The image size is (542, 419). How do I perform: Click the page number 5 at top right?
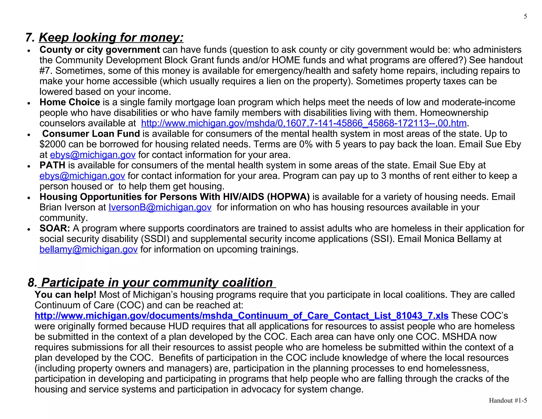[x=525, y=16]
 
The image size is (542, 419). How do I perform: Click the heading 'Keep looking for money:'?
[x=111, y=37]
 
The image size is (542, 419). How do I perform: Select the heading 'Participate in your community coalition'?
[x=157, y=282]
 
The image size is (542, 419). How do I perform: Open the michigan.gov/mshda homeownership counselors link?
[x=304, y=123]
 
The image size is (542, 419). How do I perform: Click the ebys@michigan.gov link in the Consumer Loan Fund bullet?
[x=93, y=155]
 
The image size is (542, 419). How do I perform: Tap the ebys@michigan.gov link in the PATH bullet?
[x=82, y=176]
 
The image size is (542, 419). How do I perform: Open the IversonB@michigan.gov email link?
[x=160, y=207]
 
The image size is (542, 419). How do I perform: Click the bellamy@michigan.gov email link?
[x=88, y=249]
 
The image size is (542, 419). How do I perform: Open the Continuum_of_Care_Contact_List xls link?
[x=241, y=315]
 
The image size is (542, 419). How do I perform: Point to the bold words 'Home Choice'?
[x=70, y=102]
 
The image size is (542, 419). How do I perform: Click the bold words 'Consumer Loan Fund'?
[x=91, y=134]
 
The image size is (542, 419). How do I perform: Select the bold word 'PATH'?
[x=52, y=165]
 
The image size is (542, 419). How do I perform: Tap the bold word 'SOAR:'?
[x=55, y=228]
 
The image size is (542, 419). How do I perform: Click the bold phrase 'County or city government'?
[x=100, y=50]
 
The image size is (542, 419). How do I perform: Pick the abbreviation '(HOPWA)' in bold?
[x=288, y=197]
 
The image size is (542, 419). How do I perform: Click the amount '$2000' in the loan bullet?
[x=52, y=144]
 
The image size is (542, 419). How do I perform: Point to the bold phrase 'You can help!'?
[x=65, y=295]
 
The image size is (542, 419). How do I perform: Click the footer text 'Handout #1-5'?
[x=508, y=400]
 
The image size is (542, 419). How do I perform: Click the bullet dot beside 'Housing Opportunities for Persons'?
[x=29, y=198]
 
